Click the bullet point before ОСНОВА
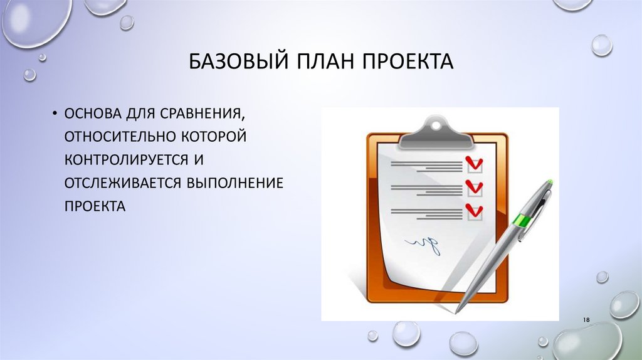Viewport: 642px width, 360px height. (55, 114)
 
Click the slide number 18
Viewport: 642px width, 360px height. (587, 320)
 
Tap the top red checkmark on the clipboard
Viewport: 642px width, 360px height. (475, 164)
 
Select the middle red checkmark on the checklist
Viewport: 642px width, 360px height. (475, 186)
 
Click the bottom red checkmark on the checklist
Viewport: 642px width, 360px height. (475, 209)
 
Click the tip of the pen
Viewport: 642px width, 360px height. (458, 309)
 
